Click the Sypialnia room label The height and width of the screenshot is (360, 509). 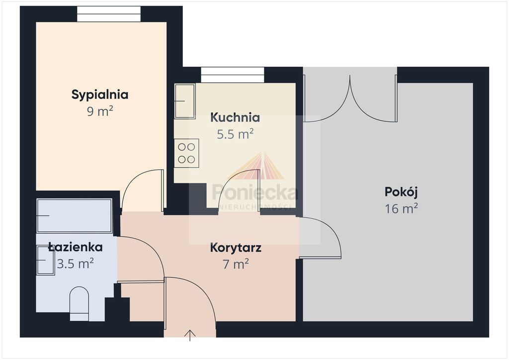tap(99, 95)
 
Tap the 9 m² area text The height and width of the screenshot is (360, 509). tap(99, 111)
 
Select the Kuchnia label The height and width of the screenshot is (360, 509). tap(235, 117)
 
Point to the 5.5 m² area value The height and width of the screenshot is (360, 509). tap(235, 134)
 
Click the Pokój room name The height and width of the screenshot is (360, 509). tap(401, 192)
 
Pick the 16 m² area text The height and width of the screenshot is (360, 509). tap(401, 208)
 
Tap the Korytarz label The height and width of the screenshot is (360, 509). tap(236, 248)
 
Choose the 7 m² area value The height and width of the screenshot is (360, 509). tap(236, 264)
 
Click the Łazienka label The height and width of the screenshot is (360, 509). tap(76, 247)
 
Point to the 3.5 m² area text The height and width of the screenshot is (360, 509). tap(76, 263)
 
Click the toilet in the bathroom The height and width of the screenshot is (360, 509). tap(79, 303)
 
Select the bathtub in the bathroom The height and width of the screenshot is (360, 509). tap(75, 215)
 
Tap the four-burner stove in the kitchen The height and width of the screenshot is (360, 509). tap(186, 153)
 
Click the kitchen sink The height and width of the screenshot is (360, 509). tap(185, 101)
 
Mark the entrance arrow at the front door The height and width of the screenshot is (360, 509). tap(190, 336)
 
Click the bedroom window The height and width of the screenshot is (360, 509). tap(109, 14)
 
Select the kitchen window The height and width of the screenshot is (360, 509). tap(233, 75)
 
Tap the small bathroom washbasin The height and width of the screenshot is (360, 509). tap(45, 261)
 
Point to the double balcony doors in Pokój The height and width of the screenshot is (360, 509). tap(350, 98)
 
